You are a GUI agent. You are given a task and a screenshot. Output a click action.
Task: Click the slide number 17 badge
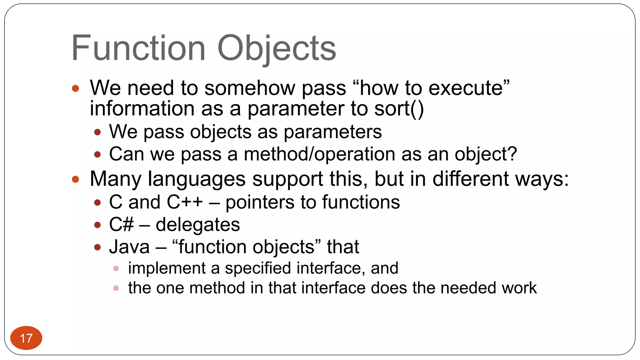pyautogui.click(x=26, y=338)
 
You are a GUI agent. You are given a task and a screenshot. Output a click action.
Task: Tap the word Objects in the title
pyautogui.click(x=276, y=48)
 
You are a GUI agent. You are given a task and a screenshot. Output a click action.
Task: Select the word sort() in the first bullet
pyautogui.click(x=399, y=109)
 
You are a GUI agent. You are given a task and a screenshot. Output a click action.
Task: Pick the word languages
pyautogui.click(x=197, y=179)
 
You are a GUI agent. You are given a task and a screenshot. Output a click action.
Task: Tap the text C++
pyautogui.click(x=184, y=202)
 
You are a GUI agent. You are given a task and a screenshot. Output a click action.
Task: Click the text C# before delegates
pyautogui.click(x=121, y=225)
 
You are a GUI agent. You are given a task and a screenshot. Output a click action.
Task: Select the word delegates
pyautogui.click(x=197, y=225)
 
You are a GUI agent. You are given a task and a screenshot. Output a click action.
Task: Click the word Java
pyautogui.click(x=129, y=247)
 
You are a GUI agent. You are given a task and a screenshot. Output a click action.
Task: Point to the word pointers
pyautogui.click(x=260, y=202)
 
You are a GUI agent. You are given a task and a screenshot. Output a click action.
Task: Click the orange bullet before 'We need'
pyautogui.click(x=75, y=88)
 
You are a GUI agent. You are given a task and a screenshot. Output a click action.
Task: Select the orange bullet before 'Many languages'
pyautogui.click(x=75, y=179)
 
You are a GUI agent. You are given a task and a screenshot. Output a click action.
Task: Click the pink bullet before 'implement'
pyautogui.click(x=116, y=268)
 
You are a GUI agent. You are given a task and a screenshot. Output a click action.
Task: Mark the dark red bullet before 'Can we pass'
pyautogui.click(x=97, y=154)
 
